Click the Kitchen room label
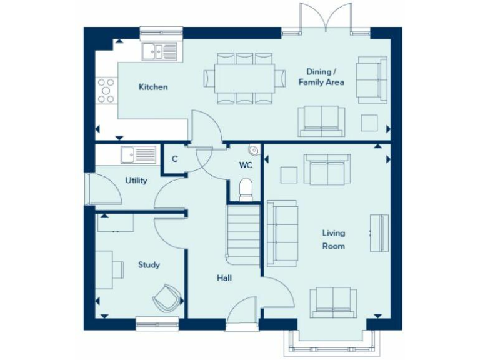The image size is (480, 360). [x=153, y=87]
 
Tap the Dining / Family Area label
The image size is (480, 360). [x=321, y=77]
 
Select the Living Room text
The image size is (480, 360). [x=333, y=239]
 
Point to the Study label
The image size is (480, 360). [x=149, y=265]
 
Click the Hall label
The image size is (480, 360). [x=224, y=277]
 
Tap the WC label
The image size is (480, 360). [x=246, y=166]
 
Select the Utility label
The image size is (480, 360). [x=136, y=181]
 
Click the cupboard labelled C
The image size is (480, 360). [x=175, y=159]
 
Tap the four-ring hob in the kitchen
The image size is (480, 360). [x=106, y=90]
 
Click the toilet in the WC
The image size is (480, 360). [x=246, y=189]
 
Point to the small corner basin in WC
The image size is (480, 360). [x=253, y=149]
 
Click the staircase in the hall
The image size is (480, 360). [x=244, y=234]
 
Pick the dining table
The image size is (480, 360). [x=244, y=77]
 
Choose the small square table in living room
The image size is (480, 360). [x=289, y=174]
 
